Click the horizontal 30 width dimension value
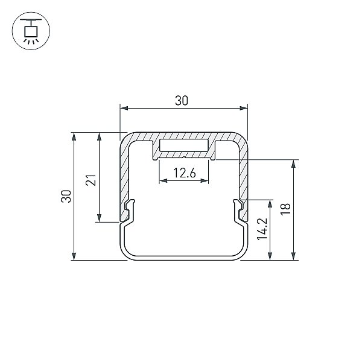coord(182,101)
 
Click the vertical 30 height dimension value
coord(66,196)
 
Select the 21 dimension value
coord(91,180)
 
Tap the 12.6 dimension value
coord(185,173)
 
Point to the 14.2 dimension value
coord(262,229)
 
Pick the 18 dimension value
coord(285,209)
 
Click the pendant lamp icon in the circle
coord(31,31)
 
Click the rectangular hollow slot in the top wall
coord(184,145)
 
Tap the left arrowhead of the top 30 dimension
coord(124,108)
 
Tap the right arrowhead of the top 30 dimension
coord(244,108)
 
